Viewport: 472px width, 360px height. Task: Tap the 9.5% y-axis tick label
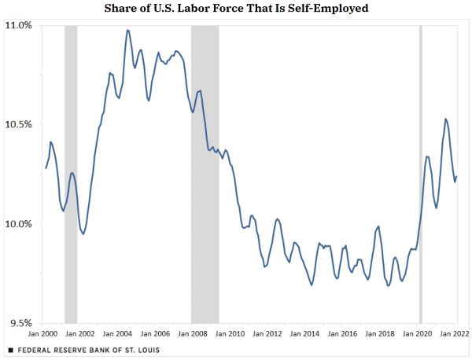pyautogui.click(x=22, y=323)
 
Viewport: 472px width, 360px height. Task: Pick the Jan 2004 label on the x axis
pyautogui.click(x=118, y=334)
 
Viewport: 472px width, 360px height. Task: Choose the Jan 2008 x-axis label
pyautogui.click(x=194, y=334)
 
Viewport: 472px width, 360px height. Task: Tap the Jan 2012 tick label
pyautogui.click(x=269, y=334)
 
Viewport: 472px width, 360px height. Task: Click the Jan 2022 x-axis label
pyautogui.click(x=455, y=334)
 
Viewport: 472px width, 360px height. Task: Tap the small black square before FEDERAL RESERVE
pyautogui.click(x=10, y=349)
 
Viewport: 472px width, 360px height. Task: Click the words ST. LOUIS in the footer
pyautogui.click(x=140, y=349)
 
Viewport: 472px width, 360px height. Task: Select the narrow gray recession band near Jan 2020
pyautogui.click(x=421, y=173)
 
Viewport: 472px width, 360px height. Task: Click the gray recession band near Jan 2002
pyautogui.click(x=71, y=173)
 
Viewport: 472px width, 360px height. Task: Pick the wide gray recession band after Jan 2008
pyautogui.click(x=205, y=173)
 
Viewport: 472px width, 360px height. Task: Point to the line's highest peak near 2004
pyautogui.click(x=127, y=31)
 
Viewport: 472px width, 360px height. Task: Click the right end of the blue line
pyautogui.click(x=457, y=177)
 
